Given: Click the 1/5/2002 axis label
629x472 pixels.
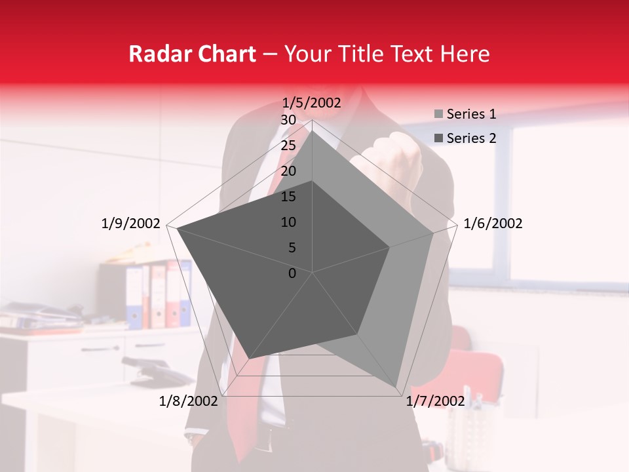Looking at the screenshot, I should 312,103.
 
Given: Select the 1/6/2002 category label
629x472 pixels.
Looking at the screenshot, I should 493,224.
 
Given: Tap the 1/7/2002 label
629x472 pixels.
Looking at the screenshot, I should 435,401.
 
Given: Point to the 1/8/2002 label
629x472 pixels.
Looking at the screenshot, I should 189,401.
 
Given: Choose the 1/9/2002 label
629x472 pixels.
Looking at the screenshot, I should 131,224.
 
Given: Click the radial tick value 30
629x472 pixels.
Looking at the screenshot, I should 288,120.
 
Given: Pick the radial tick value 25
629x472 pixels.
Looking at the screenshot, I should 288,146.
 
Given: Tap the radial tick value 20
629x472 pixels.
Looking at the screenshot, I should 288,171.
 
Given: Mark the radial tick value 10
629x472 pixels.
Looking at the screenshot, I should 288,222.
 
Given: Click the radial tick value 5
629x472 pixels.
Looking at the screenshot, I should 292,248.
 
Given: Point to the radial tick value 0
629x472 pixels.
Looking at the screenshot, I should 292,273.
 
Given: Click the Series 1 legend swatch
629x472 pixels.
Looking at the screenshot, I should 438,115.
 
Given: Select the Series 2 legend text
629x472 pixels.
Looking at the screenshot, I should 471,138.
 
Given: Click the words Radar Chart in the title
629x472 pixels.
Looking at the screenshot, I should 192,54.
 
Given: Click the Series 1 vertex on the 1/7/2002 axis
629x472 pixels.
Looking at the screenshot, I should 397,385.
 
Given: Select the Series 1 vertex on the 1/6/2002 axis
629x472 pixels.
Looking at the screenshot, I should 432,233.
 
